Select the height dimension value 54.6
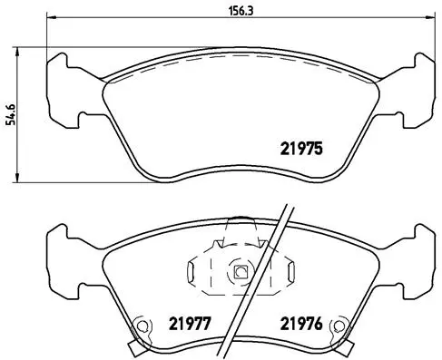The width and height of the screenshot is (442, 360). point(10,115)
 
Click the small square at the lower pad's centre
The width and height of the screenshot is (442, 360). point(241,271)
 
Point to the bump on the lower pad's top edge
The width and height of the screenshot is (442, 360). point(240,219)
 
